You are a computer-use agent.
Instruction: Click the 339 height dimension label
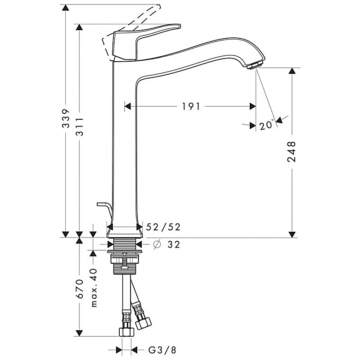click(x=66, y=118)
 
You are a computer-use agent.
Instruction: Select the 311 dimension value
click(x=80, y=126)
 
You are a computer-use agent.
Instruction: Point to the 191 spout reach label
click(x=191, y=107)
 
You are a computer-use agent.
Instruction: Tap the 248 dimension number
click(x=292, y=152)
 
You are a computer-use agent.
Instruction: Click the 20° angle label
click(x=267, y=125)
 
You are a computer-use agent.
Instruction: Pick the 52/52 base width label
click(x=163, y=227)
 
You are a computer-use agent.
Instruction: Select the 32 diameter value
click(x=174, y=244)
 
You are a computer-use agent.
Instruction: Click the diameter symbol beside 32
click(x=157, y=244)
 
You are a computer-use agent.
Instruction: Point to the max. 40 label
click(x=94, y=288)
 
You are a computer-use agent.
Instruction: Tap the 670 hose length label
click(x=80, y=288)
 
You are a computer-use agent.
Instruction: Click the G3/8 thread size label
click(x=162, y=350)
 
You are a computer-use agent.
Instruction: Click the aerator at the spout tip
click(x=254, y=65)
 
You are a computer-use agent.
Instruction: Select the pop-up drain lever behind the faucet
click(x=104, y=209)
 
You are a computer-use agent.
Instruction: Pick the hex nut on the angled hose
click(x=143, y=323)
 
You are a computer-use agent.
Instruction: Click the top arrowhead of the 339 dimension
click(x=66, y=8)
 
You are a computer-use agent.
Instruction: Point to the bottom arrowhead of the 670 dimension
click(x=79, y=333)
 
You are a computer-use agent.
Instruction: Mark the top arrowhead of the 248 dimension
click(x=292, y=71)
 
